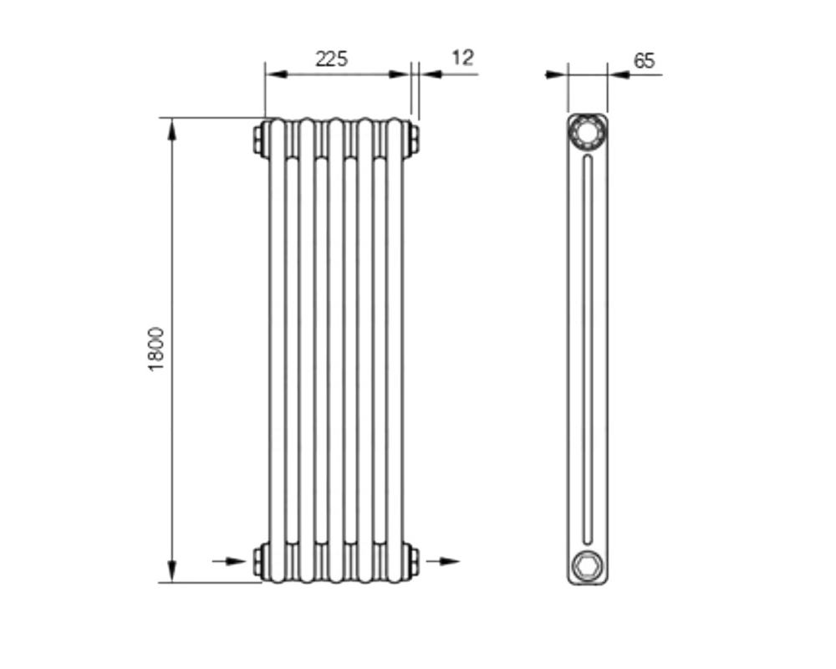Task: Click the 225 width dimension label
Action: pos(331,59)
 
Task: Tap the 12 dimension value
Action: pos(462,58)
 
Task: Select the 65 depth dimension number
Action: pos(644,61)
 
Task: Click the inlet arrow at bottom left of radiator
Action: pos(229,561)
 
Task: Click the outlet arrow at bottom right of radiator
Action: pos(442,561)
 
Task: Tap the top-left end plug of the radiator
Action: pos(261,140)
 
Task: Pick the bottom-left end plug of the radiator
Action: pos(261,560)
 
